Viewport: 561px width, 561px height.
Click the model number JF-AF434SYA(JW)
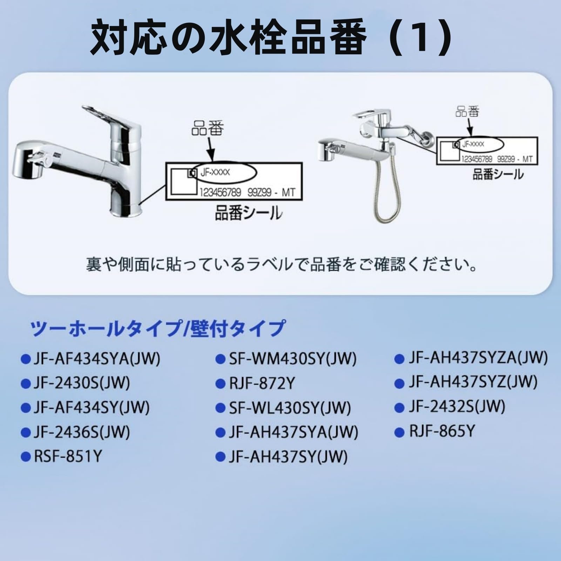96,359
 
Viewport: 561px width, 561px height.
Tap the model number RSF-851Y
68,457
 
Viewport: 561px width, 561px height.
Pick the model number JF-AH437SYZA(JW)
478,358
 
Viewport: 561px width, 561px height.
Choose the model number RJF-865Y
442,432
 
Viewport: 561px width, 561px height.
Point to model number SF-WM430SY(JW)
292,359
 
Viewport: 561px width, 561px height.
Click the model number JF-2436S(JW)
82,432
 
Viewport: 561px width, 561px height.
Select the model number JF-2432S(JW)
457,407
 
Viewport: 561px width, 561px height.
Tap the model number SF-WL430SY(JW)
290,408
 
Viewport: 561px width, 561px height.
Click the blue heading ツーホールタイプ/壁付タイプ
158,329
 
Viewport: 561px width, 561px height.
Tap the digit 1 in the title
421,39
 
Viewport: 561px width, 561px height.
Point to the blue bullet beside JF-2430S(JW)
26,384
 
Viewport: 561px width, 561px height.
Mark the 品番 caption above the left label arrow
207,128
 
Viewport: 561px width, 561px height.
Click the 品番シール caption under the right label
498,174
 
